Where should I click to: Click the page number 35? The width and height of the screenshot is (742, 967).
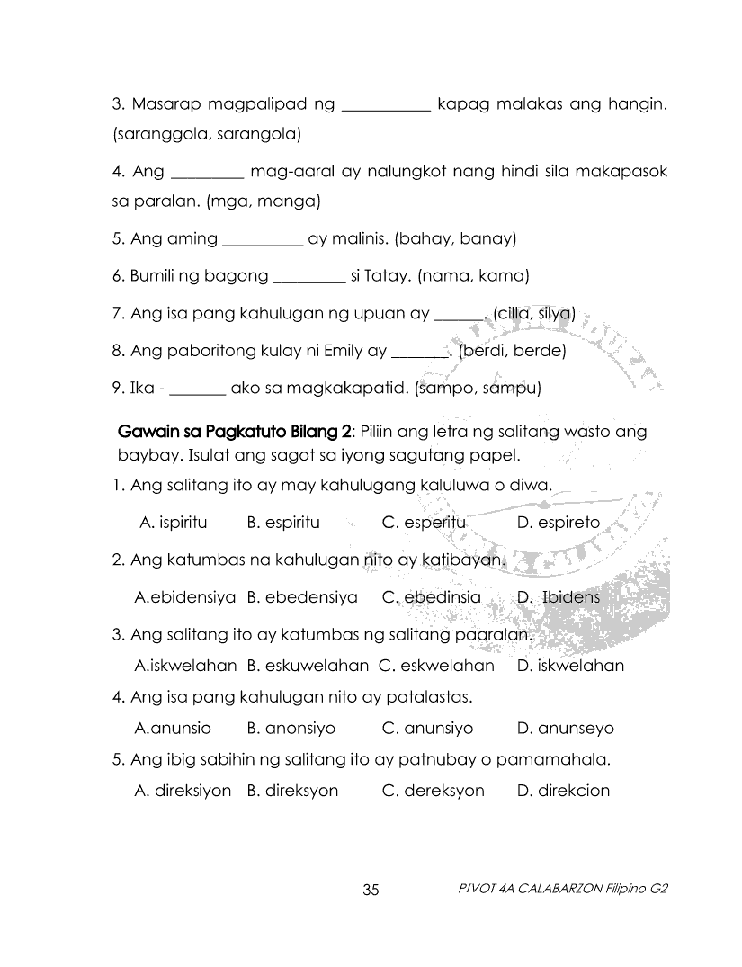click(x=371, y=891)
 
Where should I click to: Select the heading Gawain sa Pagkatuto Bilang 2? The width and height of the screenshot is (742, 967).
click(x=228, y=432)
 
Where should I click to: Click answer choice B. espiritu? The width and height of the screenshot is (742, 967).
click(x=283, y=523)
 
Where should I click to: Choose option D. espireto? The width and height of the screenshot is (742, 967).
click(x=559, y=523)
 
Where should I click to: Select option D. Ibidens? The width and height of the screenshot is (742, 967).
click(x=559, y=597)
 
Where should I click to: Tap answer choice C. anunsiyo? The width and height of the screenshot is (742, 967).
click(x=427, y=729)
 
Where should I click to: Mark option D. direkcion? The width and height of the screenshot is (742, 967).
click(x=564, y=792)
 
